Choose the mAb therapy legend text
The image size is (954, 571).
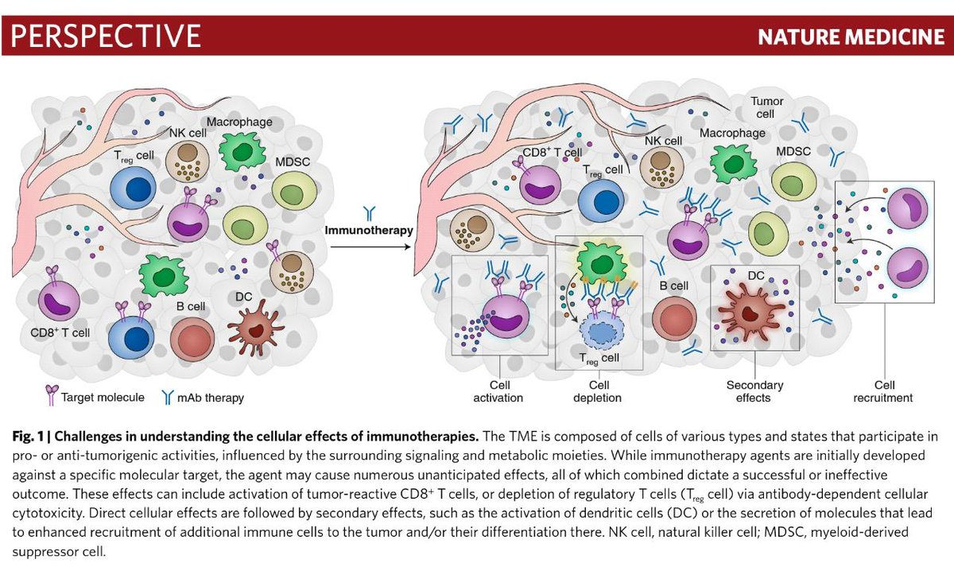[x=211, y=397]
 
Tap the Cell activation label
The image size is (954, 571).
[x=498, y=390]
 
